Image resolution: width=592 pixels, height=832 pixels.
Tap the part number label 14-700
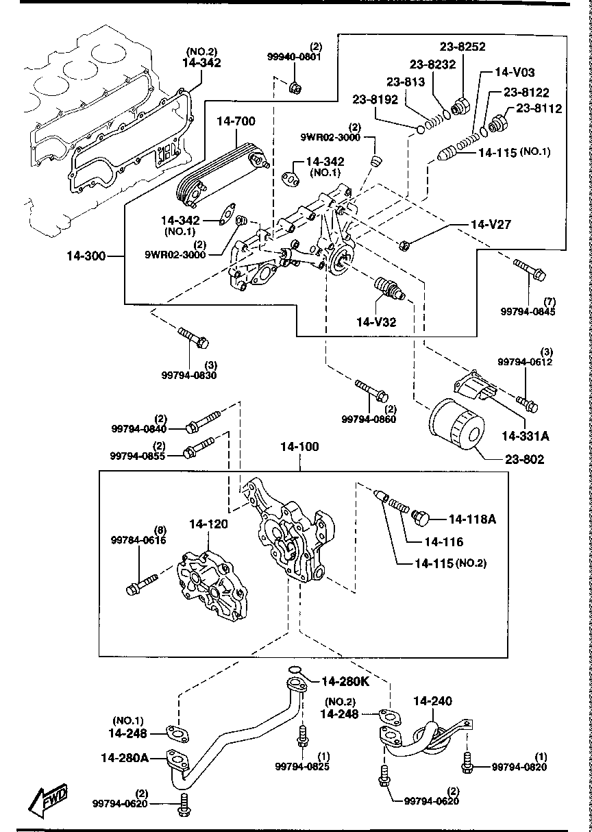236,122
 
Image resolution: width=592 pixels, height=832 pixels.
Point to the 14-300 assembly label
86,256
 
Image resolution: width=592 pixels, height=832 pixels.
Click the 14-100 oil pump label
299,447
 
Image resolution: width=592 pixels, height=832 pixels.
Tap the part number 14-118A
472,519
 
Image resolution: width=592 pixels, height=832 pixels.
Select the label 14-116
444,541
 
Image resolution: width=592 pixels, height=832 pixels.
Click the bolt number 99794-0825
302,766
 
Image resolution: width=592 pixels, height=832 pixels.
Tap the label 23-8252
463,47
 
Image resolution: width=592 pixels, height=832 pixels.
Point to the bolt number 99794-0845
528,311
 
